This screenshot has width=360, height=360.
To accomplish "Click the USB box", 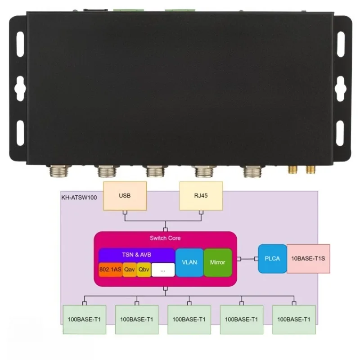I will coord(125,196).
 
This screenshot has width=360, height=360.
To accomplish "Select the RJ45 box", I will coord(201,196).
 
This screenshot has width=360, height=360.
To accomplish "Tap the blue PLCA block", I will coord(272,258).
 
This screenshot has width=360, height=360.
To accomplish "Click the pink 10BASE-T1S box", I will coord(308,258).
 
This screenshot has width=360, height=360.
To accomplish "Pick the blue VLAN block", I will coord(189,262).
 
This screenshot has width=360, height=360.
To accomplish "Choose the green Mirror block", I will coord(218,262).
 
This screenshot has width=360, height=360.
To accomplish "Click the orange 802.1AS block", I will coord(110,270).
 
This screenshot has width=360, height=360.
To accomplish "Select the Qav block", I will coord(130,270).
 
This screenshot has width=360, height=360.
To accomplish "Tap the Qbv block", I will coord(144,270).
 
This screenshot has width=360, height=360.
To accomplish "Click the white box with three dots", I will coord(162,270).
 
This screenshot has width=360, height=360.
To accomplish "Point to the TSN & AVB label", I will coord(136,255).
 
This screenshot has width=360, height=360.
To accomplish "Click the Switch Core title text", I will coord(165,238).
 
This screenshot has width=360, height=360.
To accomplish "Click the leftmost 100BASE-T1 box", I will coord(84,319).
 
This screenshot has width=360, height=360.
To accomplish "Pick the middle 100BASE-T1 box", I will coord(189,319).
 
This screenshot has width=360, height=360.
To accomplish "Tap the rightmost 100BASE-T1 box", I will coord(294,319).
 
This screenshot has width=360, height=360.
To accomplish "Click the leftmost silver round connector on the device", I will coord(58,171).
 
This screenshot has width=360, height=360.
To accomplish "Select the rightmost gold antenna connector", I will coord(310,170).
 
